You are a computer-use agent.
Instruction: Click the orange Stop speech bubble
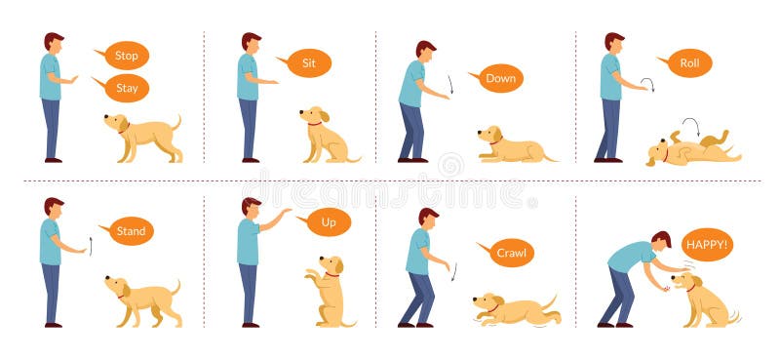125,55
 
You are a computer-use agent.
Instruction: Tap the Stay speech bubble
126,89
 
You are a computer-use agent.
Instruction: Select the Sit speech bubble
307,63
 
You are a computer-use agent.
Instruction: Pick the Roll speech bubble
688,63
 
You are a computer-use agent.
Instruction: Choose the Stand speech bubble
130,231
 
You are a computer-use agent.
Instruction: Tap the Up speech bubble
328,223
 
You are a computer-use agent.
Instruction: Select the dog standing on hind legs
329,291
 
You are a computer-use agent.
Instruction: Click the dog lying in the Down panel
512,147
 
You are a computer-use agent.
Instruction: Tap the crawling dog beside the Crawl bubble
515,309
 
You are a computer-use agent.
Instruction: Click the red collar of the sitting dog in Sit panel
314,124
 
